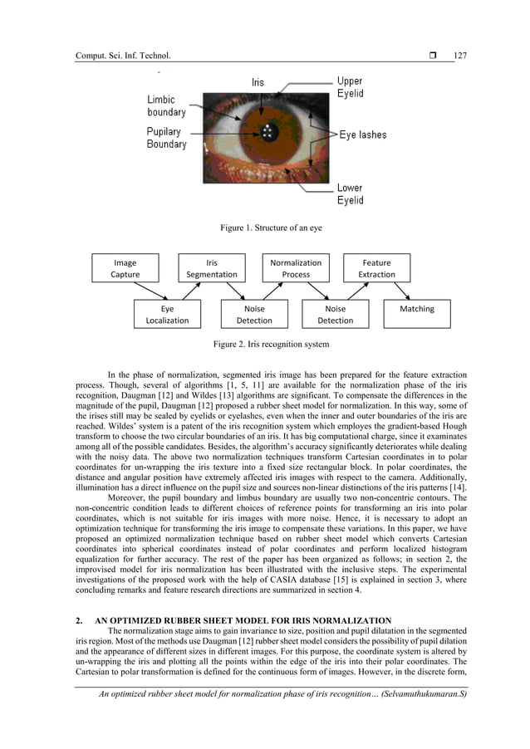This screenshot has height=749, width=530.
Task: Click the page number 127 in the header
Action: [x=460, y=56]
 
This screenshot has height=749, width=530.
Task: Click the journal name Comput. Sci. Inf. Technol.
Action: [x=122, y=56]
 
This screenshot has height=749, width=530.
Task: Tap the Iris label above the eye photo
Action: [x=258, y=83]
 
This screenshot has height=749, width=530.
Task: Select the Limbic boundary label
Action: [x=166, y=105]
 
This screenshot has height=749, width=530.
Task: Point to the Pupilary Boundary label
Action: [x=166, y=138]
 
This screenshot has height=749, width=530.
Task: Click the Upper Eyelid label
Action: [x=349, y=88]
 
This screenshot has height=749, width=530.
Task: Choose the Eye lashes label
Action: [x=362, y=135]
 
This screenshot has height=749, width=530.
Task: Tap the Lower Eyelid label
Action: [x=349, y=194]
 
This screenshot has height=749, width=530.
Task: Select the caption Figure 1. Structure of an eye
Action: [x=264, y=227]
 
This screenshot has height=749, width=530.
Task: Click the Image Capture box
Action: [x=125, y=268]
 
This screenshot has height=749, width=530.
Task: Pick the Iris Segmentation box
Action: [x=212, y=268]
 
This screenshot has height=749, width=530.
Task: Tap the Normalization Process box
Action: [x=296, y=268]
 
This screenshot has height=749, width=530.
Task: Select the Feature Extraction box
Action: [x=376, y=268]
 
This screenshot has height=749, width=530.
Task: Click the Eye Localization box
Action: [x=167, y=315]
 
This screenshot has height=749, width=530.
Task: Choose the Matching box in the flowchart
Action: [x=416, y=315]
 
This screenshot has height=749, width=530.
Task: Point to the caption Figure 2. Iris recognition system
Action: [x=271, y=344]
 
